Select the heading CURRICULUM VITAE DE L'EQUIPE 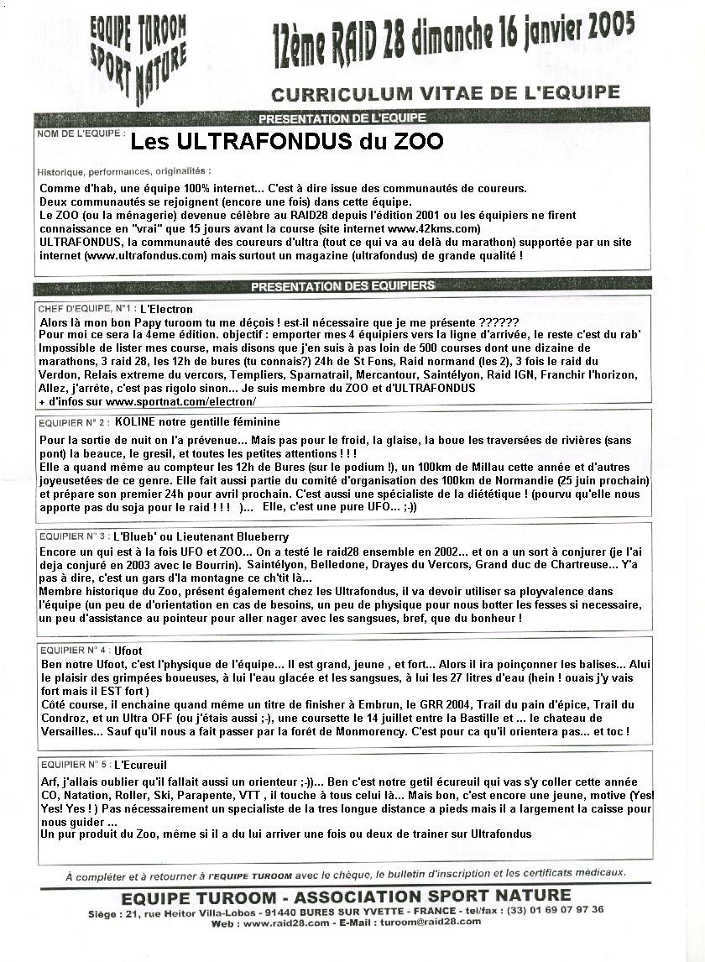445,92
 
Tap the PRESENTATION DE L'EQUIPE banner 342,118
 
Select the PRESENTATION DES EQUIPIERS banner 342,285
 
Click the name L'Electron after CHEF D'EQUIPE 166,309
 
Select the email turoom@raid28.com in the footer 432,922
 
